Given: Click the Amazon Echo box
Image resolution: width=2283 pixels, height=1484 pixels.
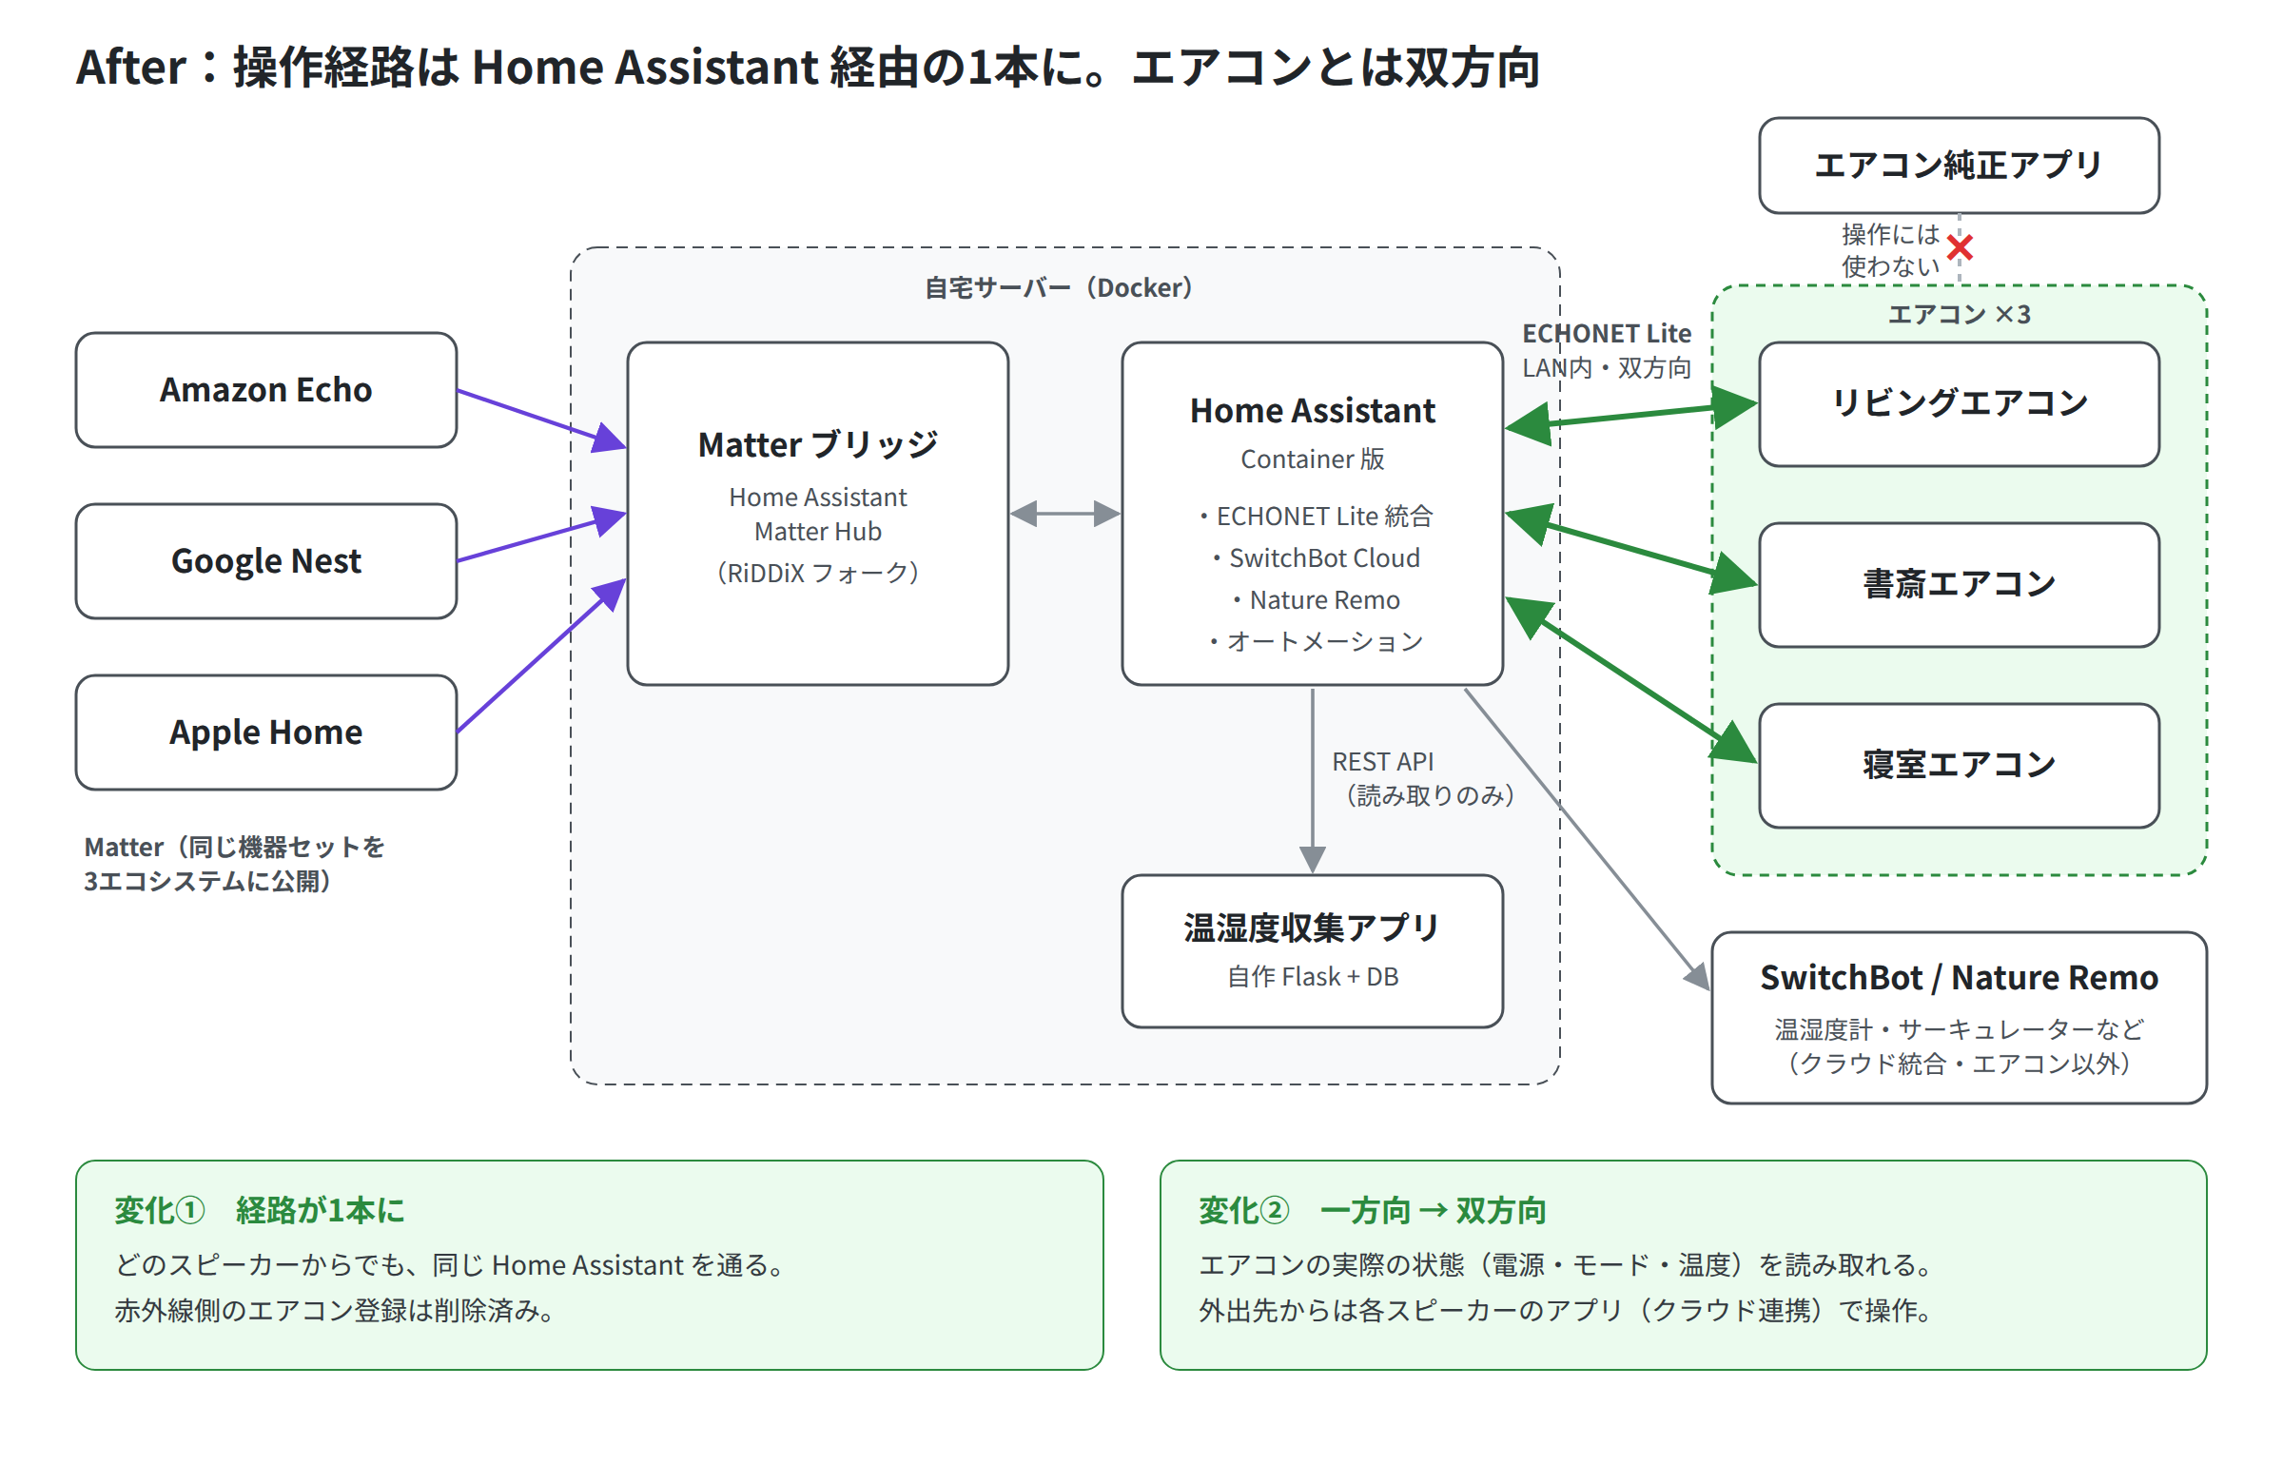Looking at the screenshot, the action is click(x=265, y=389).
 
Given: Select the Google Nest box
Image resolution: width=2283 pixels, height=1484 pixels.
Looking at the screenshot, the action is click(x=265, y=561).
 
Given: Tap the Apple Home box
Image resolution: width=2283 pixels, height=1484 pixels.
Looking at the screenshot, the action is click(x=265, y=732).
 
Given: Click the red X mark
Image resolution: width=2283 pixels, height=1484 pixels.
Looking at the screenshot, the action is click(x=1960, y=247).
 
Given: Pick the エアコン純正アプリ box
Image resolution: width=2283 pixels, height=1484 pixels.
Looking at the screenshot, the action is click(x=1959, y=165).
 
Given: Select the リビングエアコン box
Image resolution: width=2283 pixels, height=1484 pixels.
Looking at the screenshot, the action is click(x=1959, y=404).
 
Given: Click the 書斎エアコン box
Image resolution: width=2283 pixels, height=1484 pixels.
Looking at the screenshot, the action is click(x=1959, y=584).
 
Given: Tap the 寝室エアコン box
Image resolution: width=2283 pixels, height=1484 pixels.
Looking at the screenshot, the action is click(x=1959, y=766).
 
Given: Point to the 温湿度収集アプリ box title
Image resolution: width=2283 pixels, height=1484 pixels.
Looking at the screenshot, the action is click(x=1311, y=927).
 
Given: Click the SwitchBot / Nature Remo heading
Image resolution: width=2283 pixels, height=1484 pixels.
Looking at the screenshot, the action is click(x=1959, y=978).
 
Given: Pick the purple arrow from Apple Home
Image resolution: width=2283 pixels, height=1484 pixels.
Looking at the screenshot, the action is click(x=542, y=655).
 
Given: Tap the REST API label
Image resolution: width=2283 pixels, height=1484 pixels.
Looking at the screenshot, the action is click(x=1382, y=762).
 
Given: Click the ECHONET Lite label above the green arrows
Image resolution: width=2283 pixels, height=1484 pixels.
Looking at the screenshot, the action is click(x=1607, y=334).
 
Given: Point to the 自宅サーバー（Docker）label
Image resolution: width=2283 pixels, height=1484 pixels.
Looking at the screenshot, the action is click(x=1059, y=288).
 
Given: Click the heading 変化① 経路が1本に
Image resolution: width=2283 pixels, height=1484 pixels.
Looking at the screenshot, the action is click(x=259, y=1211).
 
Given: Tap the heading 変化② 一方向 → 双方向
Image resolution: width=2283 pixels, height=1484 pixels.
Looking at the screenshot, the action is click(x=1373, y=1211).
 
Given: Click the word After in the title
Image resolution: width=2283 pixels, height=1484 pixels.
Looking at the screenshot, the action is click(x=131, y=68).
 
